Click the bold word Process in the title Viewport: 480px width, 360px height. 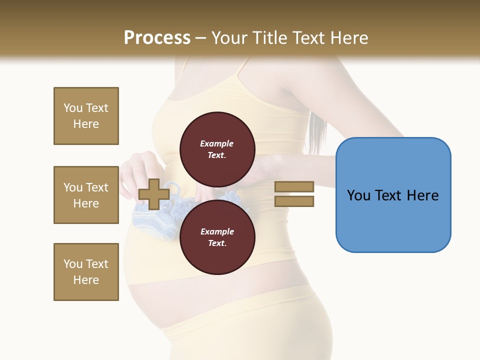pos(157,38)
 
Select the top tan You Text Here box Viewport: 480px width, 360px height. pos(86,116)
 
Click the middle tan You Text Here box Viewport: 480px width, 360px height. pos(86,195)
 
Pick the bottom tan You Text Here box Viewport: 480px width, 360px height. pos(86,272)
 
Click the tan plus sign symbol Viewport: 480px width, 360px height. pos(153,194)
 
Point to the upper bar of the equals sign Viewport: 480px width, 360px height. pos(294,186)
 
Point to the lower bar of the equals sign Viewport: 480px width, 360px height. pos(294,201)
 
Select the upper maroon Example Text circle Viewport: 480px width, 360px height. pos(217,149)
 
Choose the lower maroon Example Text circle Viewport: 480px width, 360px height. pos(217,237)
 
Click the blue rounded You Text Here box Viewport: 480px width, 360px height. pos(393,195)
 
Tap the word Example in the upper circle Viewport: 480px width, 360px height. pos(217,143)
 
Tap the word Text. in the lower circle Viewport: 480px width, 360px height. pos(217,243)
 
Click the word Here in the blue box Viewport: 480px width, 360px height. pos(422,195)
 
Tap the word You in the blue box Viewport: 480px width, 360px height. pos(358,195)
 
